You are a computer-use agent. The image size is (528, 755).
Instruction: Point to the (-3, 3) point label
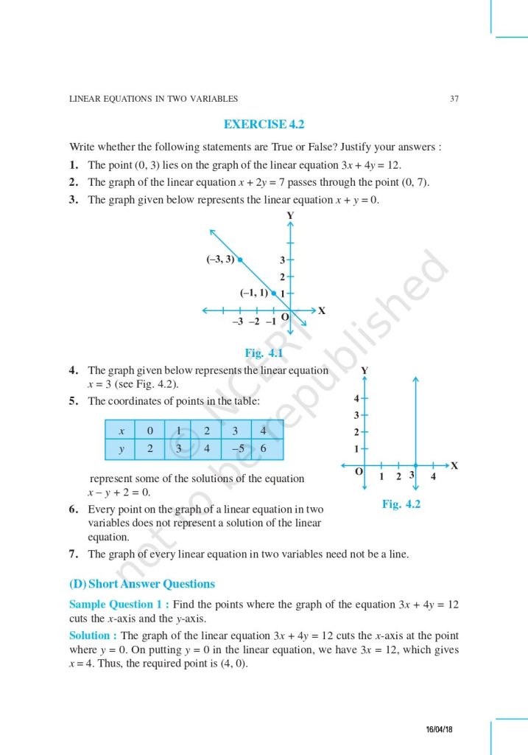pyautogui.click(x=220, y=259)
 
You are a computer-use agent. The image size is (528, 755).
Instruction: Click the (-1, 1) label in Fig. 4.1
pyautogui.click(x=253, y=293)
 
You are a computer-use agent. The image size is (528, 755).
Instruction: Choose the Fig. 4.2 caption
pyautogui.click(x=401, y=505)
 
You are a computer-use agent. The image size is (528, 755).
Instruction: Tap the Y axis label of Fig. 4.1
pyautogui.click(x=291, y=215)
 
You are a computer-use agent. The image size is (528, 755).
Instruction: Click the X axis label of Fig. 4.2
pyautogui.click(x=454, y=465)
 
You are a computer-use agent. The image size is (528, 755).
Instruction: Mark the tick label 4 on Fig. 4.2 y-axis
pyautogui.click(x=356, y=399)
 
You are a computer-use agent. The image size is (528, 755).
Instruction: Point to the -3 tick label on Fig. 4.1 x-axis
pyautogui.click(x=237, y=321)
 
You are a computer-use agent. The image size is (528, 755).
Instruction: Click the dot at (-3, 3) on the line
pyautogui.click(x=240, y=259)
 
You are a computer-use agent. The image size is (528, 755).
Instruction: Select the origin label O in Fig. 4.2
pyautogui.click(x=359, y=471)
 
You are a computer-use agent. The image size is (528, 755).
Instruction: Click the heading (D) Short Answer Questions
pyautogui.click(x=142, y=584)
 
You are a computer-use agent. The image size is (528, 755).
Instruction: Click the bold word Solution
pyautogui.click(x=92, y=636)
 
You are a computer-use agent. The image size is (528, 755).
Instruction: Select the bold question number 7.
pyautogui.click(x=74, y=554)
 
